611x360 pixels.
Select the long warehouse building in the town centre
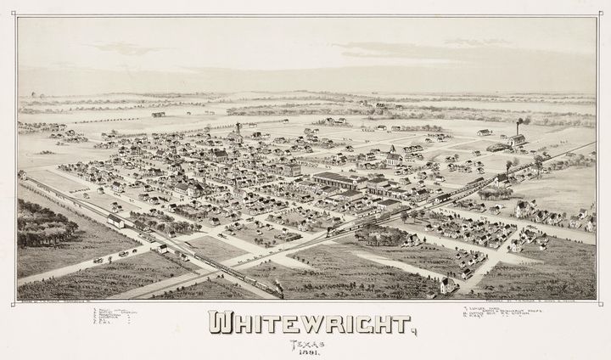339,180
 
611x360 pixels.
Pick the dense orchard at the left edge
47,225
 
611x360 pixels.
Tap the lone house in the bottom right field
447,285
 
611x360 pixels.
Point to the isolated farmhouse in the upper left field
159,114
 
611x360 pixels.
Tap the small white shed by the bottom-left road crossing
160,249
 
